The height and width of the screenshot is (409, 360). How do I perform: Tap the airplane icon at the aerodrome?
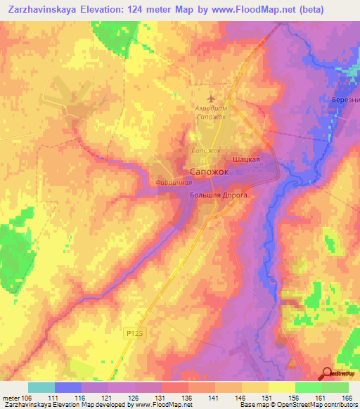pos(212,98)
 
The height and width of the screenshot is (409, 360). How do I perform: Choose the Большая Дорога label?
pos(219,196)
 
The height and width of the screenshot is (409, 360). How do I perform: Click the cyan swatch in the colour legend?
pos(41,388)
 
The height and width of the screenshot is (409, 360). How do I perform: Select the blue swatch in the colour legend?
pos(68,388)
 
